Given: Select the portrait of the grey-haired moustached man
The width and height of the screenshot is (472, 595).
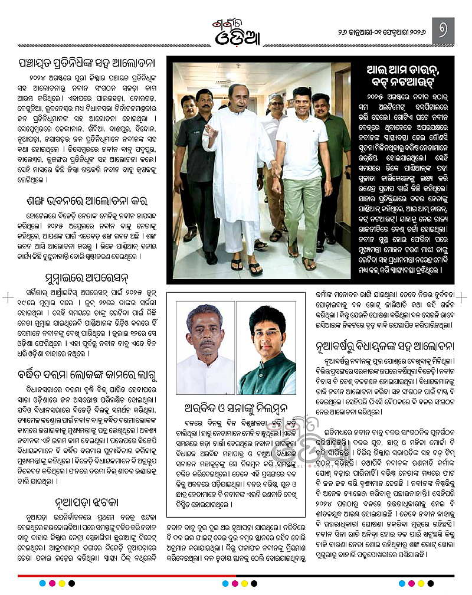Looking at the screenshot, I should [205, 348].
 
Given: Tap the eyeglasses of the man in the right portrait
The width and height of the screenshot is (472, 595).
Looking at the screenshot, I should [267, 334].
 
